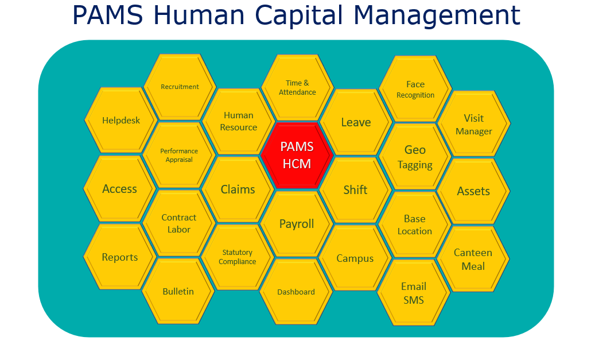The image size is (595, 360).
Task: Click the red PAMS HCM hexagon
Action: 297,156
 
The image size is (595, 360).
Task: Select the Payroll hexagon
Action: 297,224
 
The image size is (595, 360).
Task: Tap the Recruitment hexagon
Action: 180,87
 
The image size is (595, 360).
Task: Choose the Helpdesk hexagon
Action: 121,121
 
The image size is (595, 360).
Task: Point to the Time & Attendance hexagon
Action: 297,88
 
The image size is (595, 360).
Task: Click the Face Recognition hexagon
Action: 415,89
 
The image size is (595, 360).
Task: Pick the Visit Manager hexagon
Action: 473,124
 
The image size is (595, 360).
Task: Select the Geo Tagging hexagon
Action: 415,157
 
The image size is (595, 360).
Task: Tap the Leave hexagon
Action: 356,122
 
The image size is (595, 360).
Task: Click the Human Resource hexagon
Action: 238,122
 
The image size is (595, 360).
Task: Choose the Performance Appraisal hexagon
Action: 178,155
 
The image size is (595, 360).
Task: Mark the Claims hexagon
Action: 238,189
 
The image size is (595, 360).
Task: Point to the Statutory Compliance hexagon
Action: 237,257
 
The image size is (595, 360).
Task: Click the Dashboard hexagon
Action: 296,292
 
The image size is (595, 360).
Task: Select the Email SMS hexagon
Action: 414,293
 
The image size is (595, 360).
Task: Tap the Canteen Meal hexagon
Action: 473,259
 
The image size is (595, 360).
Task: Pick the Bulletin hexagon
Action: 178,291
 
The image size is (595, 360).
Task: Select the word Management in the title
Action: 437,16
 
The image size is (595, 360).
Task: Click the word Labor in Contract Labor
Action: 178,229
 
